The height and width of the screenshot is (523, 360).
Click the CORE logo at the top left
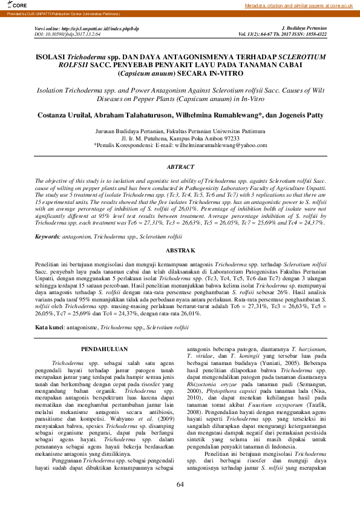11,5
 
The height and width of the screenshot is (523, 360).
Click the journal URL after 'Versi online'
103,28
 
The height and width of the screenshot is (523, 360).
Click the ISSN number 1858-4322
315,34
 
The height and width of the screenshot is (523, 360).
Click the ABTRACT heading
180,166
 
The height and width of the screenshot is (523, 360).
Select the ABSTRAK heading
180,250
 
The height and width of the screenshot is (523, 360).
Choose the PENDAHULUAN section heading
104,349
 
